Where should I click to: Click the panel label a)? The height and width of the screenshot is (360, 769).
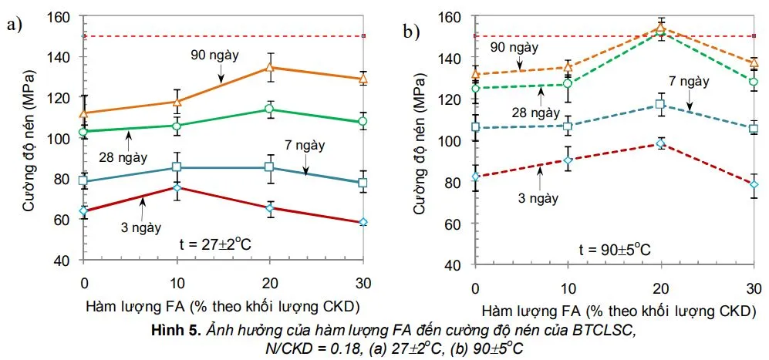[x=13, y=25]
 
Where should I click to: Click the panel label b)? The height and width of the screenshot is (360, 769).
[x=410, y=32]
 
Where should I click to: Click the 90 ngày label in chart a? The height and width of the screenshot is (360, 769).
[x=217, y=56]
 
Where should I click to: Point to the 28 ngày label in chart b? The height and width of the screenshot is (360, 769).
[x=530, y=112]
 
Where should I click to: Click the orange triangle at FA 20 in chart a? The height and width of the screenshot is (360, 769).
[x=269, y=67]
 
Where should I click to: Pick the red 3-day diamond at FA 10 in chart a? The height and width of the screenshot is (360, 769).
[x=177, y=187]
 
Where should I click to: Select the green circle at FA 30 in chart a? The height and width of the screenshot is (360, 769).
[x=363, y=122]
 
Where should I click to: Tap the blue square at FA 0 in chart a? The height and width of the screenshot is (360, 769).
[x=84, y=181]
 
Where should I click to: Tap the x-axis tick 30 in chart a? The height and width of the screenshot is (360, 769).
[x=362, y=278]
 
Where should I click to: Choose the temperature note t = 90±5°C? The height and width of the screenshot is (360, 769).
[x=614, y=248]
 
